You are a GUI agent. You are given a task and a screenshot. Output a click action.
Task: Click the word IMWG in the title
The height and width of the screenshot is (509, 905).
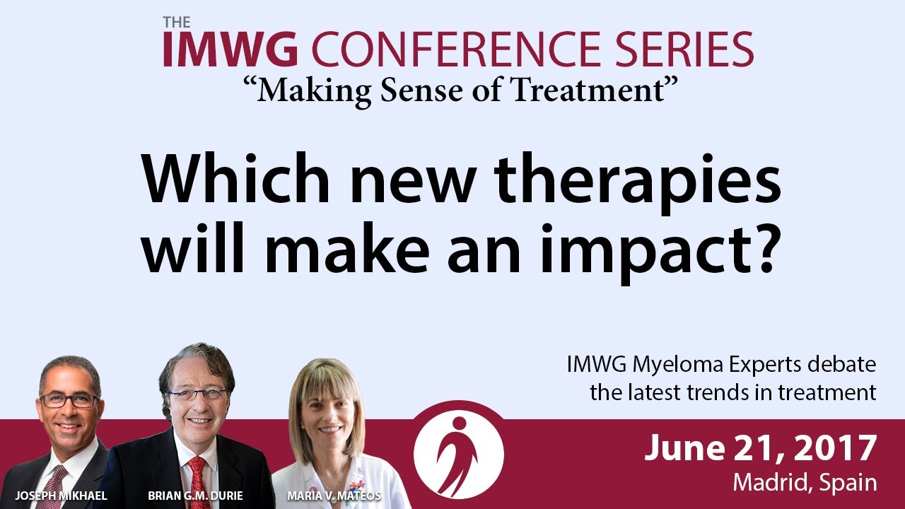point(230,49)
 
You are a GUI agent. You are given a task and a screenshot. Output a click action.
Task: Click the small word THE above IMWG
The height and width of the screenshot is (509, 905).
point(177,22)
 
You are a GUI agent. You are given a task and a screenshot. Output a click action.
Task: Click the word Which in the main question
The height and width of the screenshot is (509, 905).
point(236,178)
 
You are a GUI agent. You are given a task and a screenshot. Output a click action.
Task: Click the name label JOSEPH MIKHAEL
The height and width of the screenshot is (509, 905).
point(61,496)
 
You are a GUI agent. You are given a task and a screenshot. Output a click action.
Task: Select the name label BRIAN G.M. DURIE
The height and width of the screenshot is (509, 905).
point(196,496)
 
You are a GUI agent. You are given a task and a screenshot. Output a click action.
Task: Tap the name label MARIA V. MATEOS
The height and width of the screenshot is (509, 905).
point(334,496)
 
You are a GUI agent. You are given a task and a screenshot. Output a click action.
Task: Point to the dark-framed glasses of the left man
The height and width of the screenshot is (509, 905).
point(69,401)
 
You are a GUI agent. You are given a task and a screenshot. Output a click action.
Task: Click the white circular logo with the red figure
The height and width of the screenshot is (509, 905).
point(459,454)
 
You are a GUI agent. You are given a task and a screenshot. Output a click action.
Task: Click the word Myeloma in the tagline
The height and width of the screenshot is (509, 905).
point(677,365)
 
